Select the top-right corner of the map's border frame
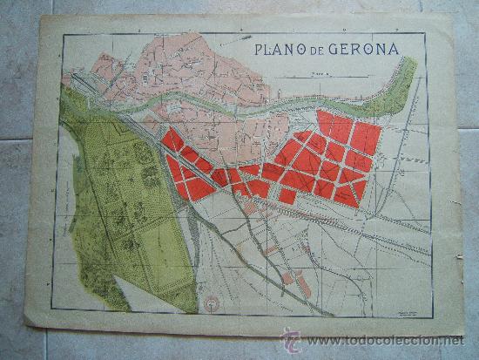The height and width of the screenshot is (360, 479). [x=426, y=33]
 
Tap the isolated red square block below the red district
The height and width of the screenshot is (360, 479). [x=287, y=196]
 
